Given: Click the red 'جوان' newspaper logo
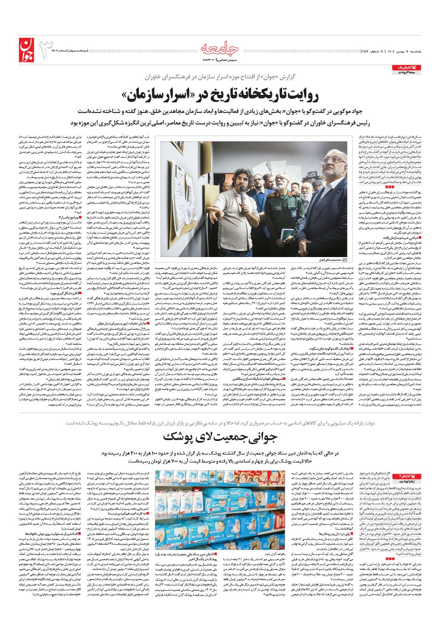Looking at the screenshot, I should coord(26,49).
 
